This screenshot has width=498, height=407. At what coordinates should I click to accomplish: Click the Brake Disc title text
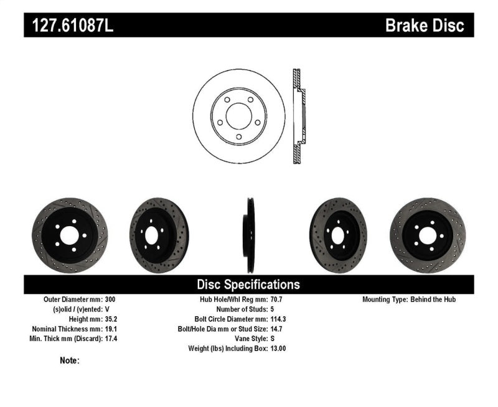425,25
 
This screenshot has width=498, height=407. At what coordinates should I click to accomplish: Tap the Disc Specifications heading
248,285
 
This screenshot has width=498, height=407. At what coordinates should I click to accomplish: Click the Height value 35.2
110,319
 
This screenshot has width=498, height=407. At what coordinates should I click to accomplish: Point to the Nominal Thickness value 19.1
110,329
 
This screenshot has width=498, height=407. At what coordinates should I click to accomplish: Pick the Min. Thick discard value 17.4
110,339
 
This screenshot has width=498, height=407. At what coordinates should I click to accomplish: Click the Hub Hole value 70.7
276,300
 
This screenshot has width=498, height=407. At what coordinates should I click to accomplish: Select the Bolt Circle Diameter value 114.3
279,319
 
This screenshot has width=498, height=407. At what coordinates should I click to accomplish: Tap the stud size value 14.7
276,329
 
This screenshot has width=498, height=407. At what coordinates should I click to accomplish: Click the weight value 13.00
278,349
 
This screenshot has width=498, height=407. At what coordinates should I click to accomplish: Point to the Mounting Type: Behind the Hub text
409,300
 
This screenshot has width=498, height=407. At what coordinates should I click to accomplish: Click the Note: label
70,360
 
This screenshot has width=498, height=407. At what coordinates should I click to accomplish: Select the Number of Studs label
240,309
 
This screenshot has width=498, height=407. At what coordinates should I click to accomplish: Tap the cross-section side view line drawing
298,117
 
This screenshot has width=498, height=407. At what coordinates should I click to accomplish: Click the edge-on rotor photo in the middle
250,235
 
